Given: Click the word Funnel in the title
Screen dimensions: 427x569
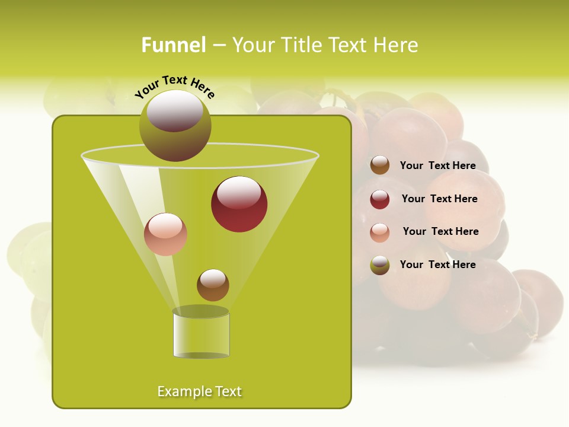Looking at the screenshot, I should pyautogui.click(x=174, y=45).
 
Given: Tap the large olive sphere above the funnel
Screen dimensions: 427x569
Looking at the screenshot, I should pyautogui.click(x=175, y=126).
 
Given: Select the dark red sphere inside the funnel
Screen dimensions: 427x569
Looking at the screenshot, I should pyautogui.click(x=239, y=205).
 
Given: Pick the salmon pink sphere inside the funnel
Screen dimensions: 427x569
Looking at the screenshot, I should pyautogui.click(x=165, y=235).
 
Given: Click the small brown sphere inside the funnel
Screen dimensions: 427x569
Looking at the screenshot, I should pyautogui.click(x=213, y=285).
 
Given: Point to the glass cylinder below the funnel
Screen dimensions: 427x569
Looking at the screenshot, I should pyautogui.click(x=201, y=335).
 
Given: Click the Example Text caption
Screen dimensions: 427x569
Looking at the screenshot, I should pyautogui.click(x=200, y=391).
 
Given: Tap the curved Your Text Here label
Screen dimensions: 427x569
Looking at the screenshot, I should pyautogui.click(x=175, y=87).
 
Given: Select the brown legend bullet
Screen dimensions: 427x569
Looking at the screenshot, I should pyautogui.click(x=380, y=165).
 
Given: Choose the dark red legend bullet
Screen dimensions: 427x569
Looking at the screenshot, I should pyautogui.click(x=380, y=199).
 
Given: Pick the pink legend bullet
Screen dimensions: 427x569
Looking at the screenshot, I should pyautogui.click(x=380, y=232).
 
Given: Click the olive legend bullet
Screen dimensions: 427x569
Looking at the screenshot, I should pyautogui.click(x=380, y=265).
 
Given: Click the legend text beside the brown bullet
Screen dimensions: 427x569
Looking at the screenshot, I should pyautogui.click(x=437, y=166).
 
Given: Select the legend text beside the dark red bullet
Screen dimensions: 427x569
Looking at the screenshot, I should pyautogui.click(x=439, y=199).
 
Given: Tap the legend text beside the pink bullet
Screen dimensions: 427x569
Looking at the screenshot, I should pyautogui.click(x=440, y=231).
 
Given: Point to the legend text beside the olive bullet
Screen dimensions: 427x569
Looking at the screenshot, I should pyautogui.click(x=437, y=265).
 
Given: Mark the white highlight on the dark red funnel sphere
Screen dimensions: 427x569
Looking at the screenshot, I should pyautogui.click(x=239, y=192).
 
